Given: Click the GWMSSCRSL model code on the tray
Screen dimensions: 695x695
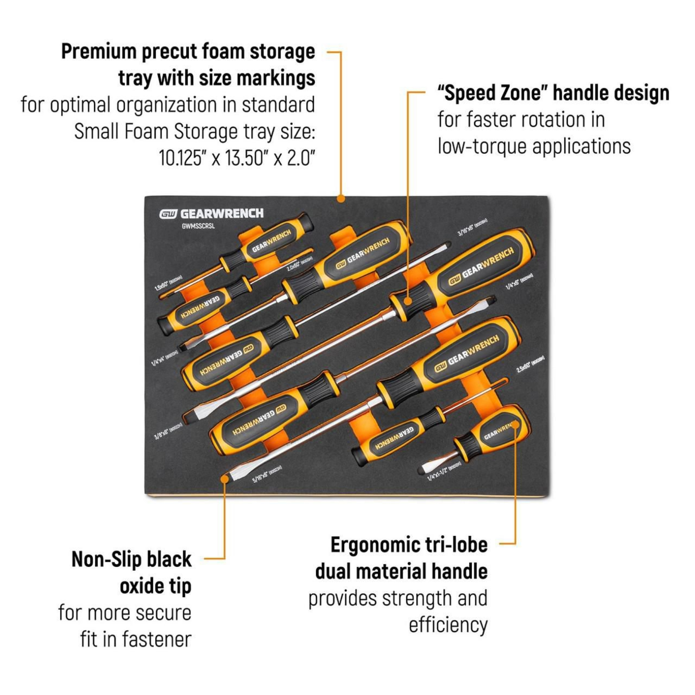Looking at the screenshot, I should (x=198, y=226).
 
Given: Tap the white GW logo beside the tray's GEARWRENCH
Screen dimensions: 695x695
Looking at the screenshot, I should (x=168, y=214).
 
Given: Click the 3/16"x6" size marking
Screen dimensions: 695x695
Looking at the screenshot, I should (x=473, y=227).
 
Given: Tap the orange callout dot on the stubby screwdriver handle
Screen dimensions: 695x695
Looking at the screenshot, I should (x=515, y=425).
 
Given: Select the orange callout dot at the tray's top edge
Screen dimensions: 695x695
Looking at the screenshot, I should (x=340, y=199).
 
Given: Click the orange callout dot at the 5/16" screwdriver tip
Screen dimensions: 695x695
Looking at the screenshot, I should (x=224, y=479).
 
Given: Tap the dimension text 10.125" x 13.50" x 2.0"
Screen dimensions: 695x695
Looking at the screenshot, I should (x=237, y=158).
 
